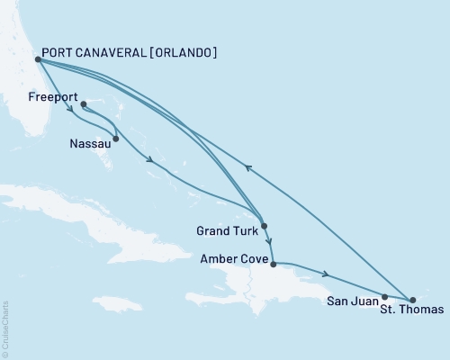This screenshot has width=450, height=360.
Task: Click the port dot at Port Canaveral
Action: point(36,60)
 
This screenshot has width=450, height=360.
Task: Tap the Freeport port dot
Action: point(83,104)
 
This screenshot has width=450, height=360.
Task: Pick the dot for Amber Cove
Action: point(273,265)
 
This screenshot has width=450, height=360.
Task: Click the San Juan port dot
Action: point(385,296)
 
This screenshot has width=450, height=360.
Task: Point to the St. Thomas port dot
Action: point(412,299)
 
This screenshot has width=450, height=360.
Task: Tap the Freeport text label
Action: point(52,95)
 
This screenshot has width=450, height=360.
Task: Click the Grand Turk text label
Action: point(225,230)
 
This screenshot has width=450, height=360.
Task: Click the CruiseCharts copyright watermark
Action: point(5,328)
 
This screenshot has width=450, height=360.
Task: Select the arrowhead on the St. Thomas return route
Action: point(247,166)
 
